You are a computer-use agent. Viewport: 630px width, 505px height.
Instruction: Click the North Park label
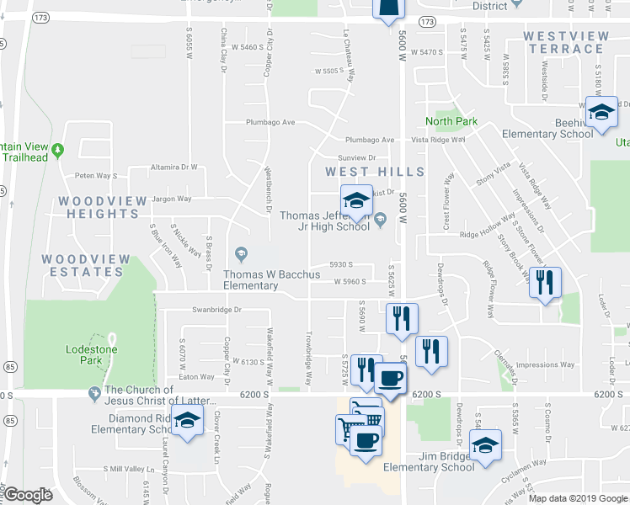[451, 121]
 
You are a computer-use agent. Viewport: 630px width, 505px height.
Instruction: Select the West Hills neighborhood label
[375, 171]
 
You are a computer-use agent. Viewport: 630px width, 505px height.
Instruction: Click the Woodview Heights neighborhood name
[99, 207]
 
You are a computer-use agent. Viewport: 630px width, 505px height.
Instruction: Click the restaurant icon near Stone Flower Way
[545, 283]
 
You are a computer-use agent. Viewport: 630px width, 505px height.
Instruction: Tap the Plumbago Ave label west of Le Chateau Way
[270, 122]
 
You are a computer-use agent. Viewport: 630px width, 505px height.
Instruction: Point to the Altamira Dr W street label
[173, 167]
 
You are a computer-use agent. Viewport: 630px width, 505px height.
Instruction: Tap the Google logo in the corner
[28, 495]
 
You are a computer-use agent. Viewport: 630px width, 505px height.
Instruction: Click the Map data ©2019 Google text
[579, 498]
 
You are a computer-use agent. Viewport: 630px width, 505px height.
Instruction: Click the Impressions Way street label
[545, 365]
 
